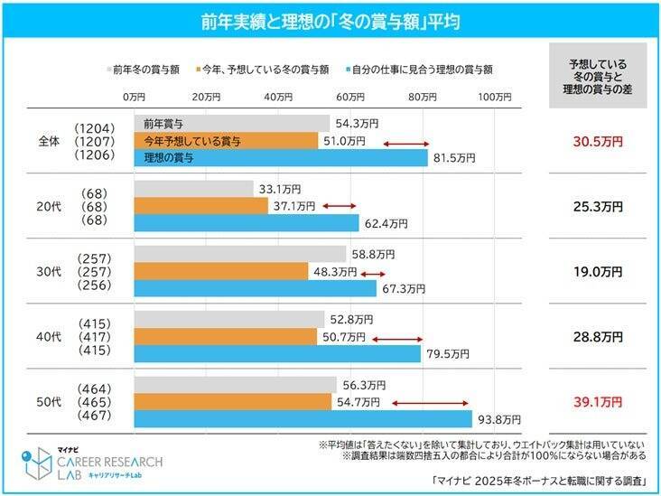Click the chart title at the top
tap(330, 21)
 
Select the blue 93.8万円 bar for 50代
tap(303, 419)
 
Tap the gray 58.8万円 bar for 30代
tap(239, 255)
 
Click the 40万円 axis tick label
tap(277, 96)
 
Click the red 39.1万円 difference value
tap(598, 401)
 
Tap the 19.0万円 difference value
tap(598, 271)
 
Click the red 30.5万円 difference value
tap(598, 141)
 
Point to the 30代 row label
tap(49, 272)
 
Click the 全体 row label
tap(49, 141)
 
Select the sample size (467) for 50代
tap(94, 416)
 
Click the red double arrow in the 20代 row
tap(340, 207)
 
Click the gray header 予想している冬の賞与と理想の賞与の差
tap(598, 77)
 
